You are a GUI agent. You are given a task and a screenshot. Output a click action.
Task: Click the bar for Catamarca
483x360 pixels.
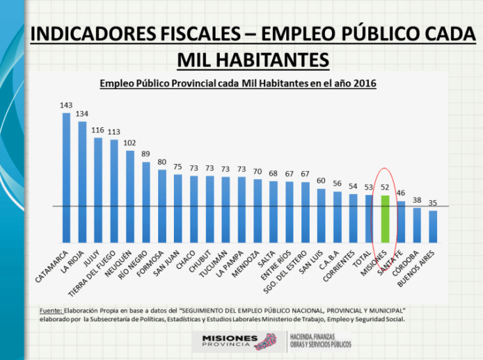click(66, 177)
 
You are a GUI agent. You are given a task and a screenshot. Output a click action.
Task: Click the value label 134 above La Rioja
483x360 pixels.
click(82, 113)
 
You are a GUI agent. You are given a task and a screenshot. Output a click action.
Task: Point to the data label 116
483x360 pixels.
click(98, 130)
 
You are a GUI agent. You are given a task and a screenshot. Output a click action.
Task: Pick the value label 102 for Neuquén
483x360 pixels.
click(130, 143)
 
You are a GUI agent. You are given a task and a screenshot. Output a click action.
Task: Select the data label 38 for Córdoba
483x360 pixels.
click(417, 201)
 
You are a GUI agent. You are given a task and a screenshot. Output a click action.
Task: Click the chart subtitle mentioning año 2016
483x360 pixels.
click(237, 84)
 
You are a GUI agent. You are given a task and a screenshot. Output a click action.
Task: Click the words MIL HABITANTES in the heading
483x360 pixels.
click(253, 59)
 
